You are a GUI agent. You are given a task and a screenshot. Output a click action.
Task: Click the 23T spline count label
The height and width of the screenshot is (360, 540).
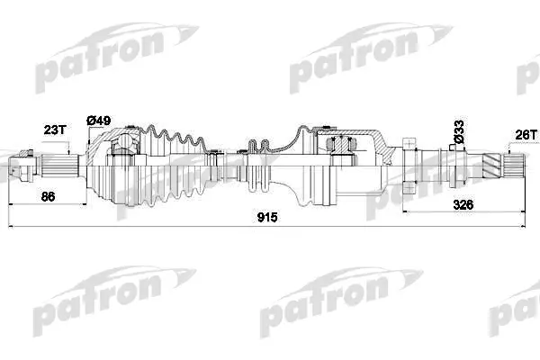tap(55, 130)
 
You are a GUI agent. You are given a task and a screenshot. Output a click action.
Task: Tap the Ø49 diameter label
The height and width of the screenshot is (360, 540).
tap(98, 121)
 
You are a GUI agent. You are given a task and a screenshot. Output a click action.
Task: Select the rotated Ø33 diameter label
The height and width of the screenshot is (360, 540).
tap(459, 131)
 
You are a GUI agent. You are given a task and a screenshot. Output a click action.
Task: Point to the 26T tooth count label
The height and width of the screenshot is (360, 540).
tap(526, 135)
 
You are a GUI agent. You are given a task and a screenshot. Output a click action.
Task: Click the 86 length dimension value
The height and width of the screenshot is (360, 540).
tap(48, 197)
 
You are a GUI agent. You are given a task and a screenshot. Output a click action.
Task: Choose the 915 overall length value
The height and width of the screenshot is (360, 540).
tap(267, 218)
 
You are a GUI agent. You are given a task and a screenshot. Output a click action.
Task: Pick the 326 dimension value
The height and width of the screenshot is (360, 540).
tap(463, 205)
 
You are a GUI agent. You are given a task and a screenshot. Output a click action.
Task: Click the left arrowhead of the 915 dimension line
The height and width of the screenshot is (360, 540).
tap(11, 226)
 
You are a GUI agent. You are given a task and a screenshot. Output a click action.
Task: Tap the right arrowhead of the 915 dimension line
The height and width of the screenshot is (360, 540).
tap(523, 226)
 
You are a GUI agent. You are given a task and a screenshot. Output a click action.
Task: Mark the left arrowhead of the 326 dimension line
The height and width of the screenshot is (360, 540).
tap(405, 211)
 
